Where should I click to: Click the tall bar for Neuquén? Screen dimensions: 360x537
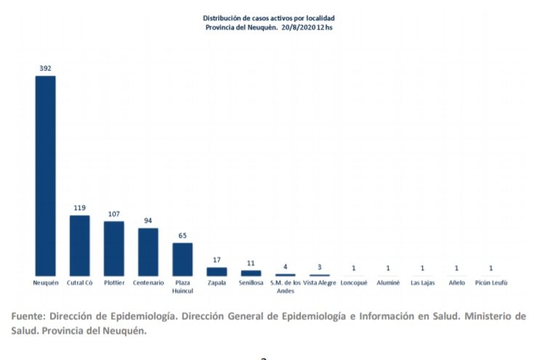pyautogui.click(x=46, y=175)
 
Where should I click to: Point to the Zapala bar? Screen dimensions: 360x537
pyautogui.click(x=217, y=271)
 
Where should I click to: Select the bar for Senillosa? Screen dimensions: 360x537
pyautogui.click(x=251, y=273)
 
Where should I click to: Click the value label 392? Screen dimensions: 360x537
pyautogui.click(x=46, y=68)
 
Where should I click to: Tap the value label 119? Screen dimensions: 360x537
pyautogui.click(x=80, y=208)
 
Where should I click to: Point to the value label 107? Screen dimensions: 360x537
pyautogui.click(x=114, y=214)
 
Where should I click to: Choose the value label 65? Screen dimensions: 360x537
pyautogui.click(x=182, y=236)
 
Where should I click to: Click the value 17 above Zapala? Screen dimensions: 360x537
pyautogui.click(x=217, y=260)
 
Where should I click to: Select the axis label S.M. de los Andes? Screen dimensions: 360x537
pyautogui.click(x=286, y=286)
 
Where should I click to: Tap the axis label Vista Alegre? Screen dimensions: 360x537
pyautogui.click(x=320, y=282)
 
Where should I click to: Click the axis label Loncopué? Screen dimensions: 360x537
pyautogui.click(x=354, y=282)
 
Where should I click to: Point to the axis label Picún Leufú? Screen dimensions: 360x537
pyautogui.click(x=490, y=282)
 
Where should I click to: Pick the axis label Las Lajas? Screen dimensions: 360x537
pyautogui.click(x=422, y=282)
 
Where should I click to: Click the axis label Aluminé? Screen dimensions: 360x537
pyautogui.click(x=388, y=282)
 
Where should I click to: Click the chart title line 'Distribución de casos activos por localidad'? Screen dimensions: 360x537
pyautogui.click(x=269, y=17)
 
